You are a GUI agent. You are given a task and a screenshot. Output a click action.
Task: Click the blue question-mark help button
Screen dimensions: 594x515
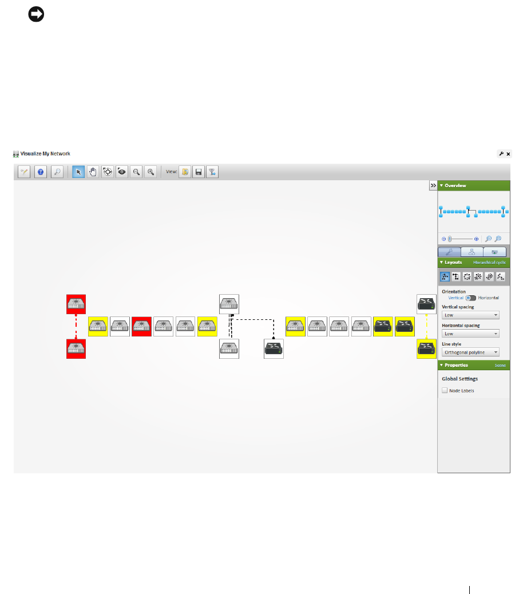point(41,172)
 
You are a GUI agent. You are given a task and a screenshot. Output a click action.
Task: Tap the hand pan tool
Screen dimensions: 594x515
point(93,172)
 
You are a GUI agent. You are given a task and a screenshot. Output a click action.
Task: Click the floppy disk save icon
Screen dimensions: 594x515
point(199,172)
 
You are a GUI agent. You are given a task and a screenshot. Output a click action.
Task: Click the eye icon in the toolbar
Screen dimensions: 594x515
point(121,172)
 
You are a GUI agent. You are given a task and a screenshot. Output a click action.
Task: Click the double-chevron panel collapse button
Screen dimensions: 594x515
point(433,185)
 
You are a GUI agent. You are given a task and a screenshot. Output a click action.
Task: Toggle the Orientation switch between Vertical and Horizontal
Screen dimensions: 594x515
point(470,298)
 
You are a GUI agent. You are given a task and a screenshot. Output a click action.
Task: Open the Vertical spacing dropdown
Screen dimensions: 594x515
point(470,315)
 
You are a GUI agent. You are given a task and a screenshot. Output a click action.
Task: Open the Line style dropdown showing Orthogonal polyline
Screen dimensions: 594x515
point(470,353)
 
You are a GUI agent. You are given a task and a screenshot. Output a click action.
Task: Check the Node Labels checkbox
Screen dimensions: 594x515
point(445,391)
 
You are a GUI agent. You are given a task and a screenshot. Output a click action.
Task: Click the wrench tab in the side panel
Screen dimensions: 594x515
point(450,251)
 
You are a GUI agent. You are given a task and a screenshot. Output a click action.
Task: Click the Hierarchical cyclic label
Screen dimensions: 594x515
point(489,262)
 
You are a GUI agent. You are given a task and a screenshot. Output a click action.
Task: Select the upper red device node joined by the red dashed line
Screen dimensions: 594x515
point(76,304)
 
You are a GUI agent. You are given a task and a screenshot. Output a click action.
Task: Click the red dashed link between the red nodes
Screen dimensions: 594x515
point(76,327)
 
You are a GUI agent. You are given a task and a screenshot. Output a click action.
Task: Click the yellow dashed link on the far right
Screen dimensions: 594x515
point(427,327)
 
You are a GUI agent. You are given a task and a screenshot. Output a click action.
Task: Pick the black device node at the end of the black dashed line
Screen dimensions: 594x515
point(274,349)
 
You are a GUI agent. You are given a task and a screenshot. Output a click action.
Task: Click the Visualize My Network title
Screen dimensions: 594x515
point(45,153)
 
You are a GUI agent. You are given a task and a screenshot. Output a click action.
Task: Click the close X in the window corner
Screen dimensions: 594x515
point(508,153)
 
